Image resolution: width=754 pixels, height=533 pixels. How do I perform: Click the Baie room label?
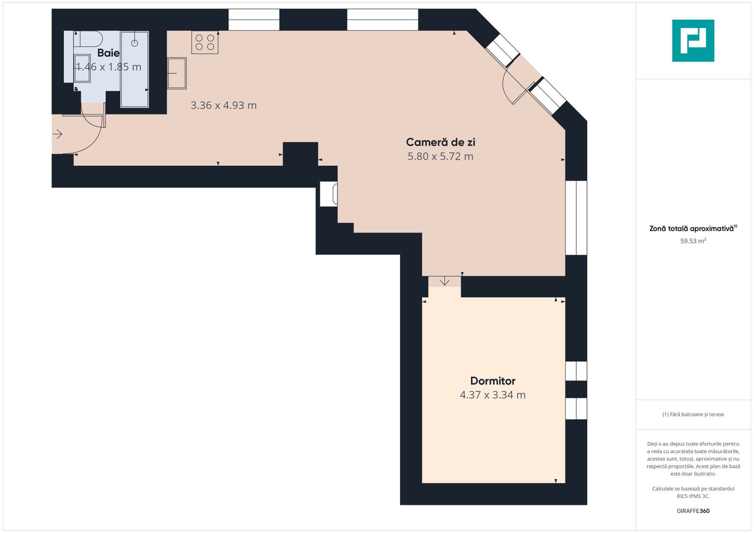click(x=108, y=53)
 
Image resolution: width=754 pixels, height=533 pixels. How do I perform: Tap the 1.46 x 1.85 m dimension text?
click(x=108, y=67)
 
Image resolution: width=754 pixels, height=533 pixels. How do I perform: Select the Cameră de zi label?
click(x=440, y=142)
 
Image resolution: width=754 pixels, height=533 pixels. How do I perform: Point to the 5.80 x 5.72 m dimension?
click(x=440, y=156)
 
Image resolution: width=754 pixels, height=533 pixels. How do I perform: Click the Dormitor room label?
click(x=493, y=381)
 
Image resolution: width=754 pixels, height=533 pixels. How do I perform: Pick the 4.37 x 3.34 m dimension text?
click(x=493, y=395)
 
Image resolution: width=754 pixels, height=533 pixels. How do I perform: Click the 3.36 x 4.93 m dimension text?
click(x=224, y=105)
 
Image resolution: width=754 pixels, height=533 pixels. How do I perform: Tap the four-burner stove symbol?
click(x=205, y=42)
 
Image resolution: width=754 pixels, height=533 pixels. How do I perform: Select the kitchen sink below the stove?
click(x=177, y=73)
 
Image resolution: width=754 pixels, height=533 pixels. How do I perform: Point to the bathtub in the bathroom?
click(x=134, y=69)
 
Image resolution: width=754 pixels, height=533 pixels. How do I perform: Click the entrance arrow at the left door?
click(x=58, y=134)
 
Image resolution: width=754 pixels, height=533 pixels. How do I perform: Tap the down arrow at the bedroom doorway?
click(x=444, y=281)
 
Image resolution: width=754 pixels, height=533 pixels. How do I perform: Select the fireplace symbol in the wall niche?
click(x=329, y=193)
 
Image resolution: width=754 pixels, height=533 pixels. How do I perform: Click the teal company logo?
click(x=693, y=40)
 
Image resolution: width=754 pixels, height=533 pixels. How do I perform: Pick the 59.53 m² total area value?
click(x=693, y=241)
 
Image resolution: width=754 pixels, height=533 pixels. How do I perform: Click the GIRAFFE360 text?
click(x=693, y=511)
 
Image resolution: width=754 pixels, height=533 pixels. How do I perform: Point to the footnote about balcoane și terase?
click(x=693, y=415)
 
